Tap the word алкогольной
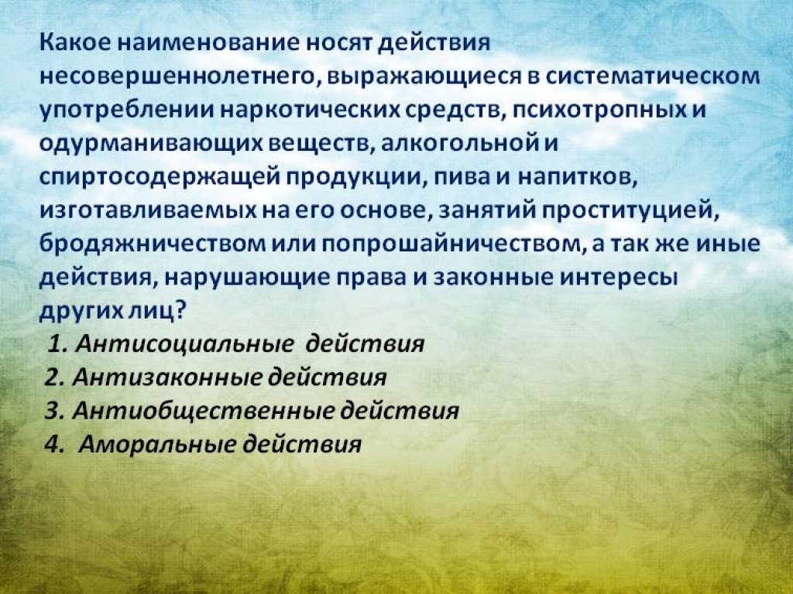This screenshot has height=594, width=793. pos(458,143)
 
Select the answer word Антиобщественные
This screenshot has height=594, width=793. pos(204,411)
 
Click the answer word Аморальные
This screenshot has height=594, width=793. pos(157,445)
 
